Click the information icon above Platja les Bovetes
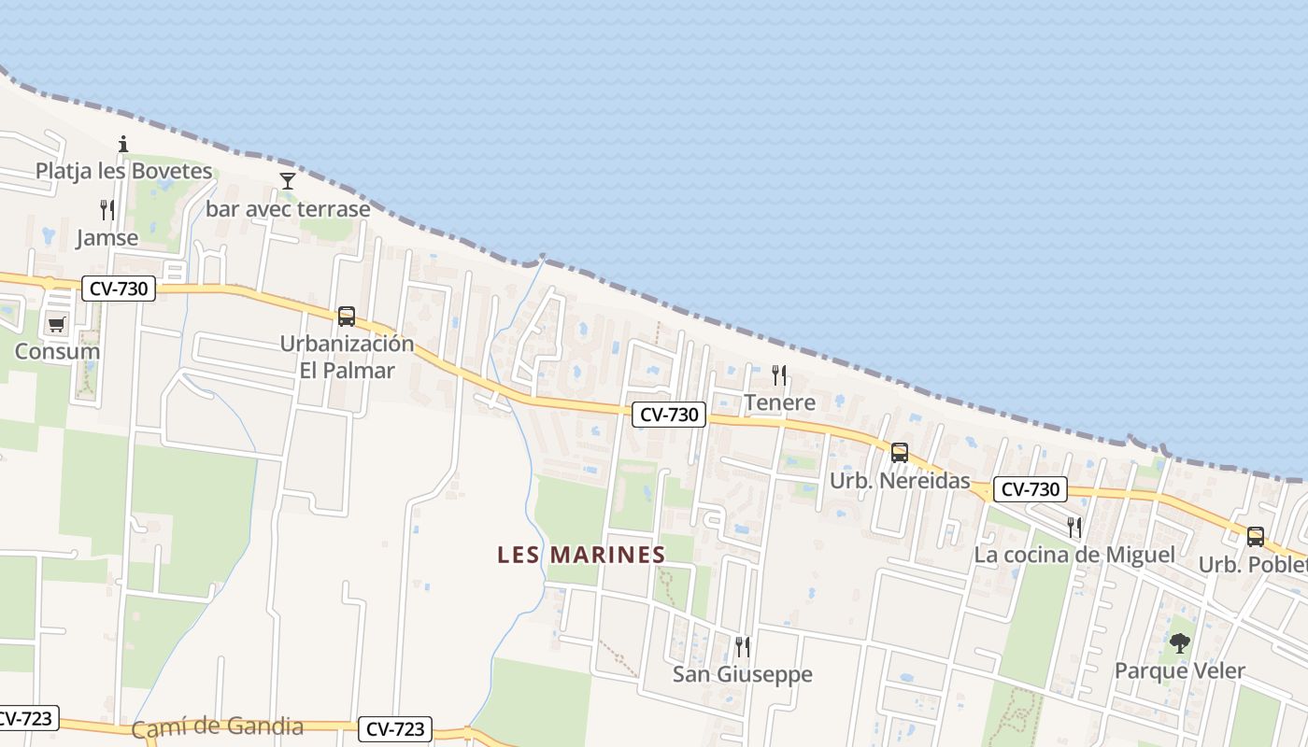click(x=123, y=144)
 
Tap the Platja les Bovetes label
click(x=124, y=171)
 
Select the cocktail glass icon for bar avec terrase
click(x=288, y=180)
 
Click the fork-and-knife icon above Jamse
click(x=107, y=210)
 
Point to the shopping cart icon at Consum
click(x=57, y=325)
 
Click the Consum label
click(x=57, y=352)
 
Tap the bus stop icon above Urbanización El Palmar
click(x=347, y=316)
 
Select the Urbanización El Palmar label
click(x=347, y=357)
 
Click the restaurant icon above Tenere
click(x=779, y=375)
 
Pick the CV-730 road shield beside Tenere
click(x=668, y=415)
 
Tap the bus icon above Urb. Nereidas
click(x=900, y=453)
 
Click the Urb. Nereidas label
click(x=900, y=481)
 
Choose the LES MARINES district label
click(x=581, y=555)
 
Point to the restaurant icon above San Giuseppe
click(x=743, y=646)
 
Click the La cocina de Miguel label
click(x=1074, y=555)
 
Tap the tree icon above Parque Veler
click(x=1180, y=642)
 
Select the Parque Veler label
click(x=1180, y=670)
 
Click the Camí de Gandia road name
click(x=218, y=727)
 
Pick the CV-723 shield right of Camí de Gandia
click(x=396, y=729)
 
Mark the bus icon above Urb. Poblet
click(x=1256, y=537)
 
